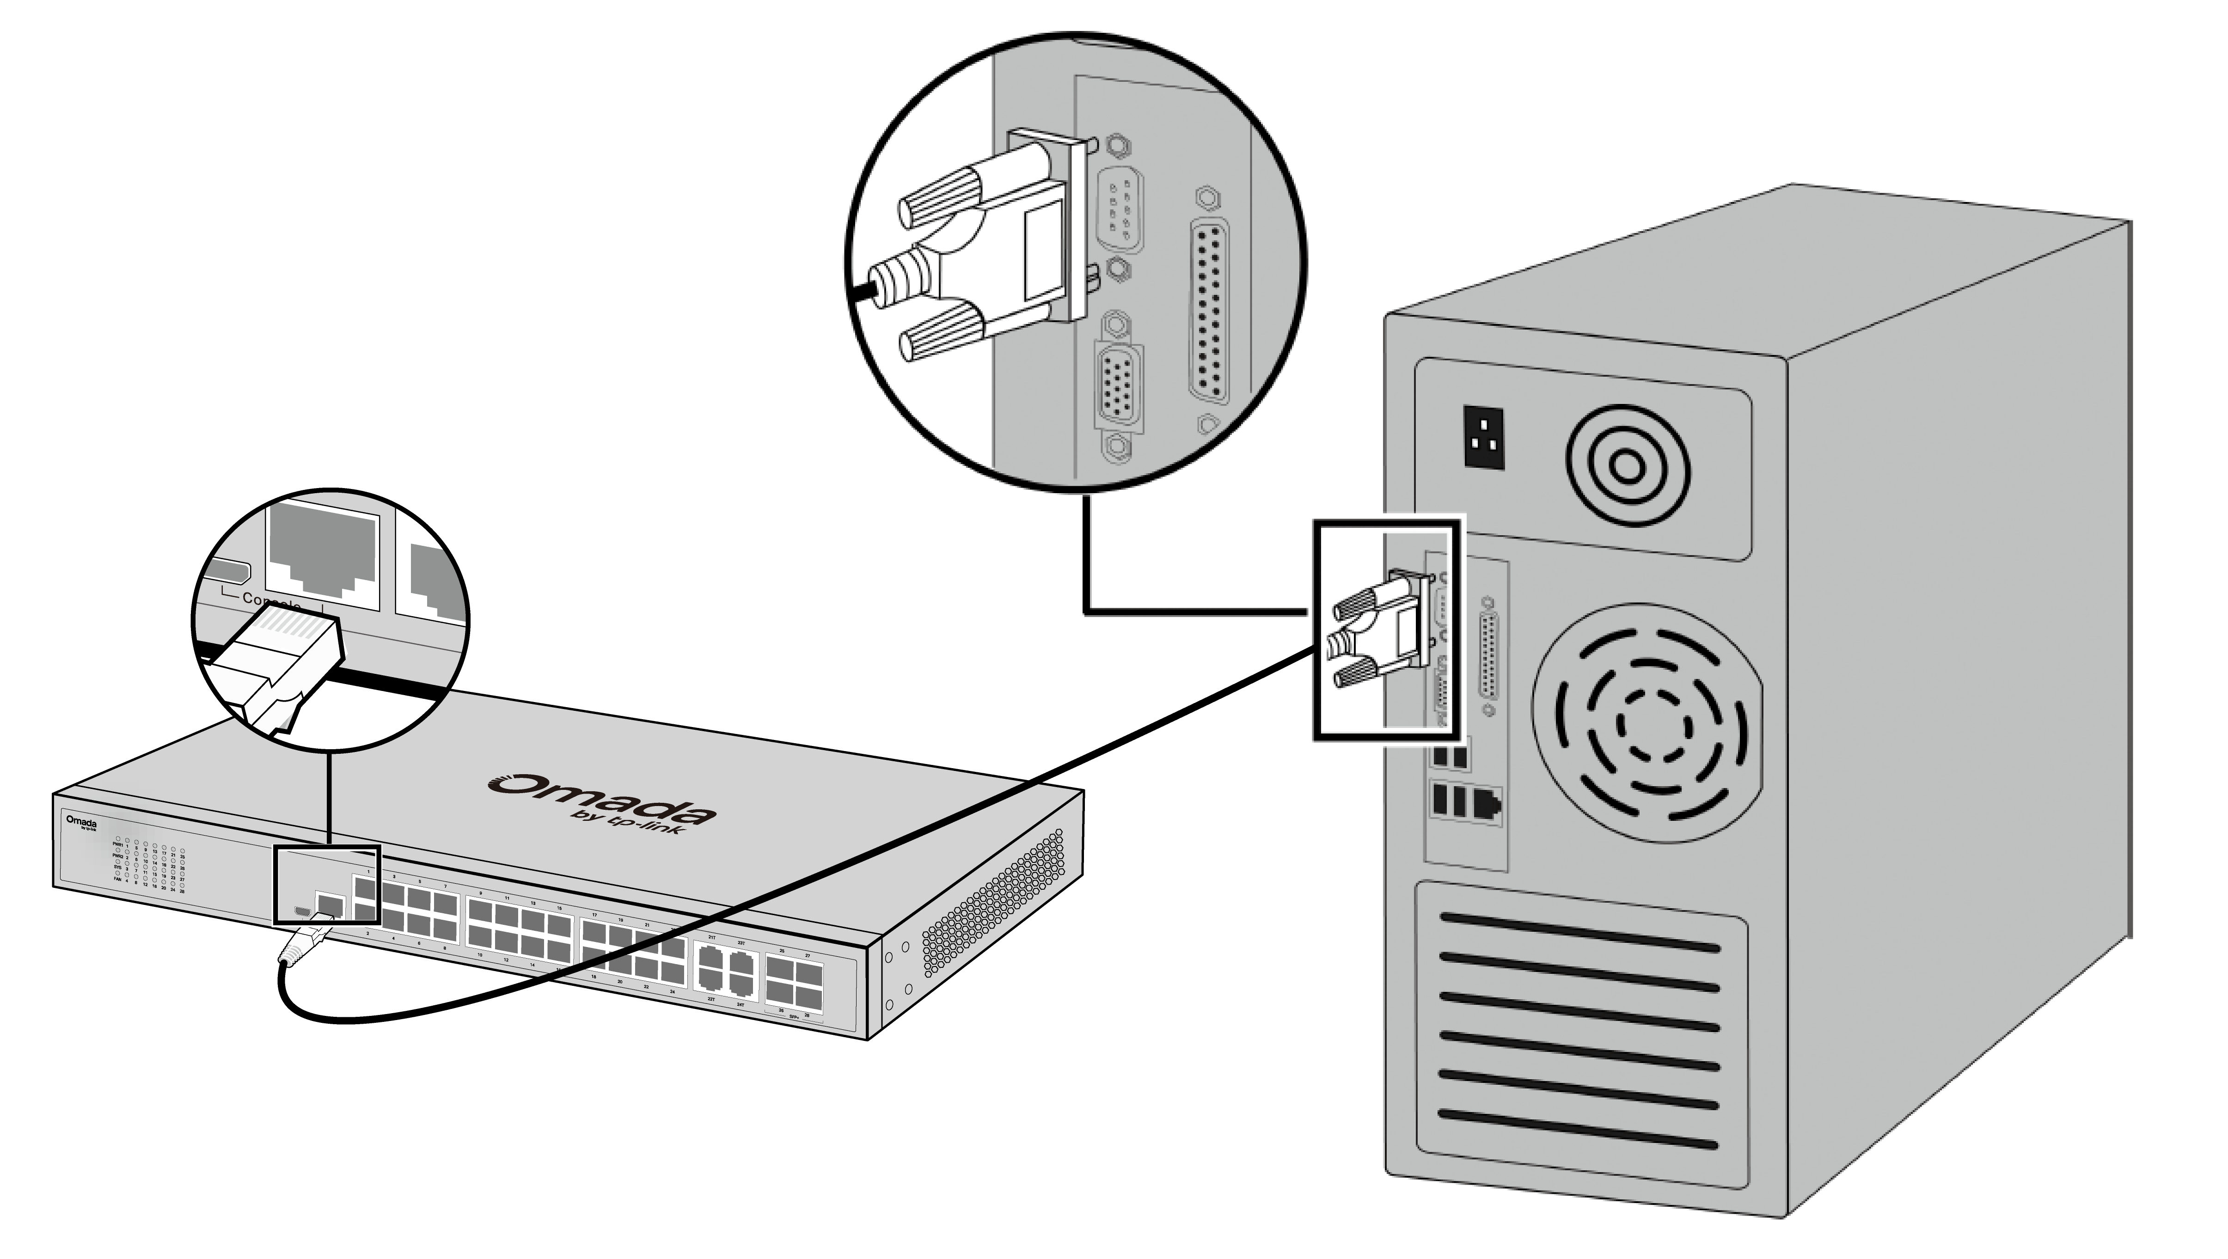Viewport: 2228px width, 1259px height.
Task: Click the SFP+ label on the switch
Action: tap(794, 1017)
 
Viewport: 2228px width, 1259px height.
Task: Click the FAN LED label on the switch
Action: tap(117, 878)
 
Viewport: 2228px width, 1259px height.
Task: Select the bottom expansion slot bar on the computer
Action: tap(1579, 1130)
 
